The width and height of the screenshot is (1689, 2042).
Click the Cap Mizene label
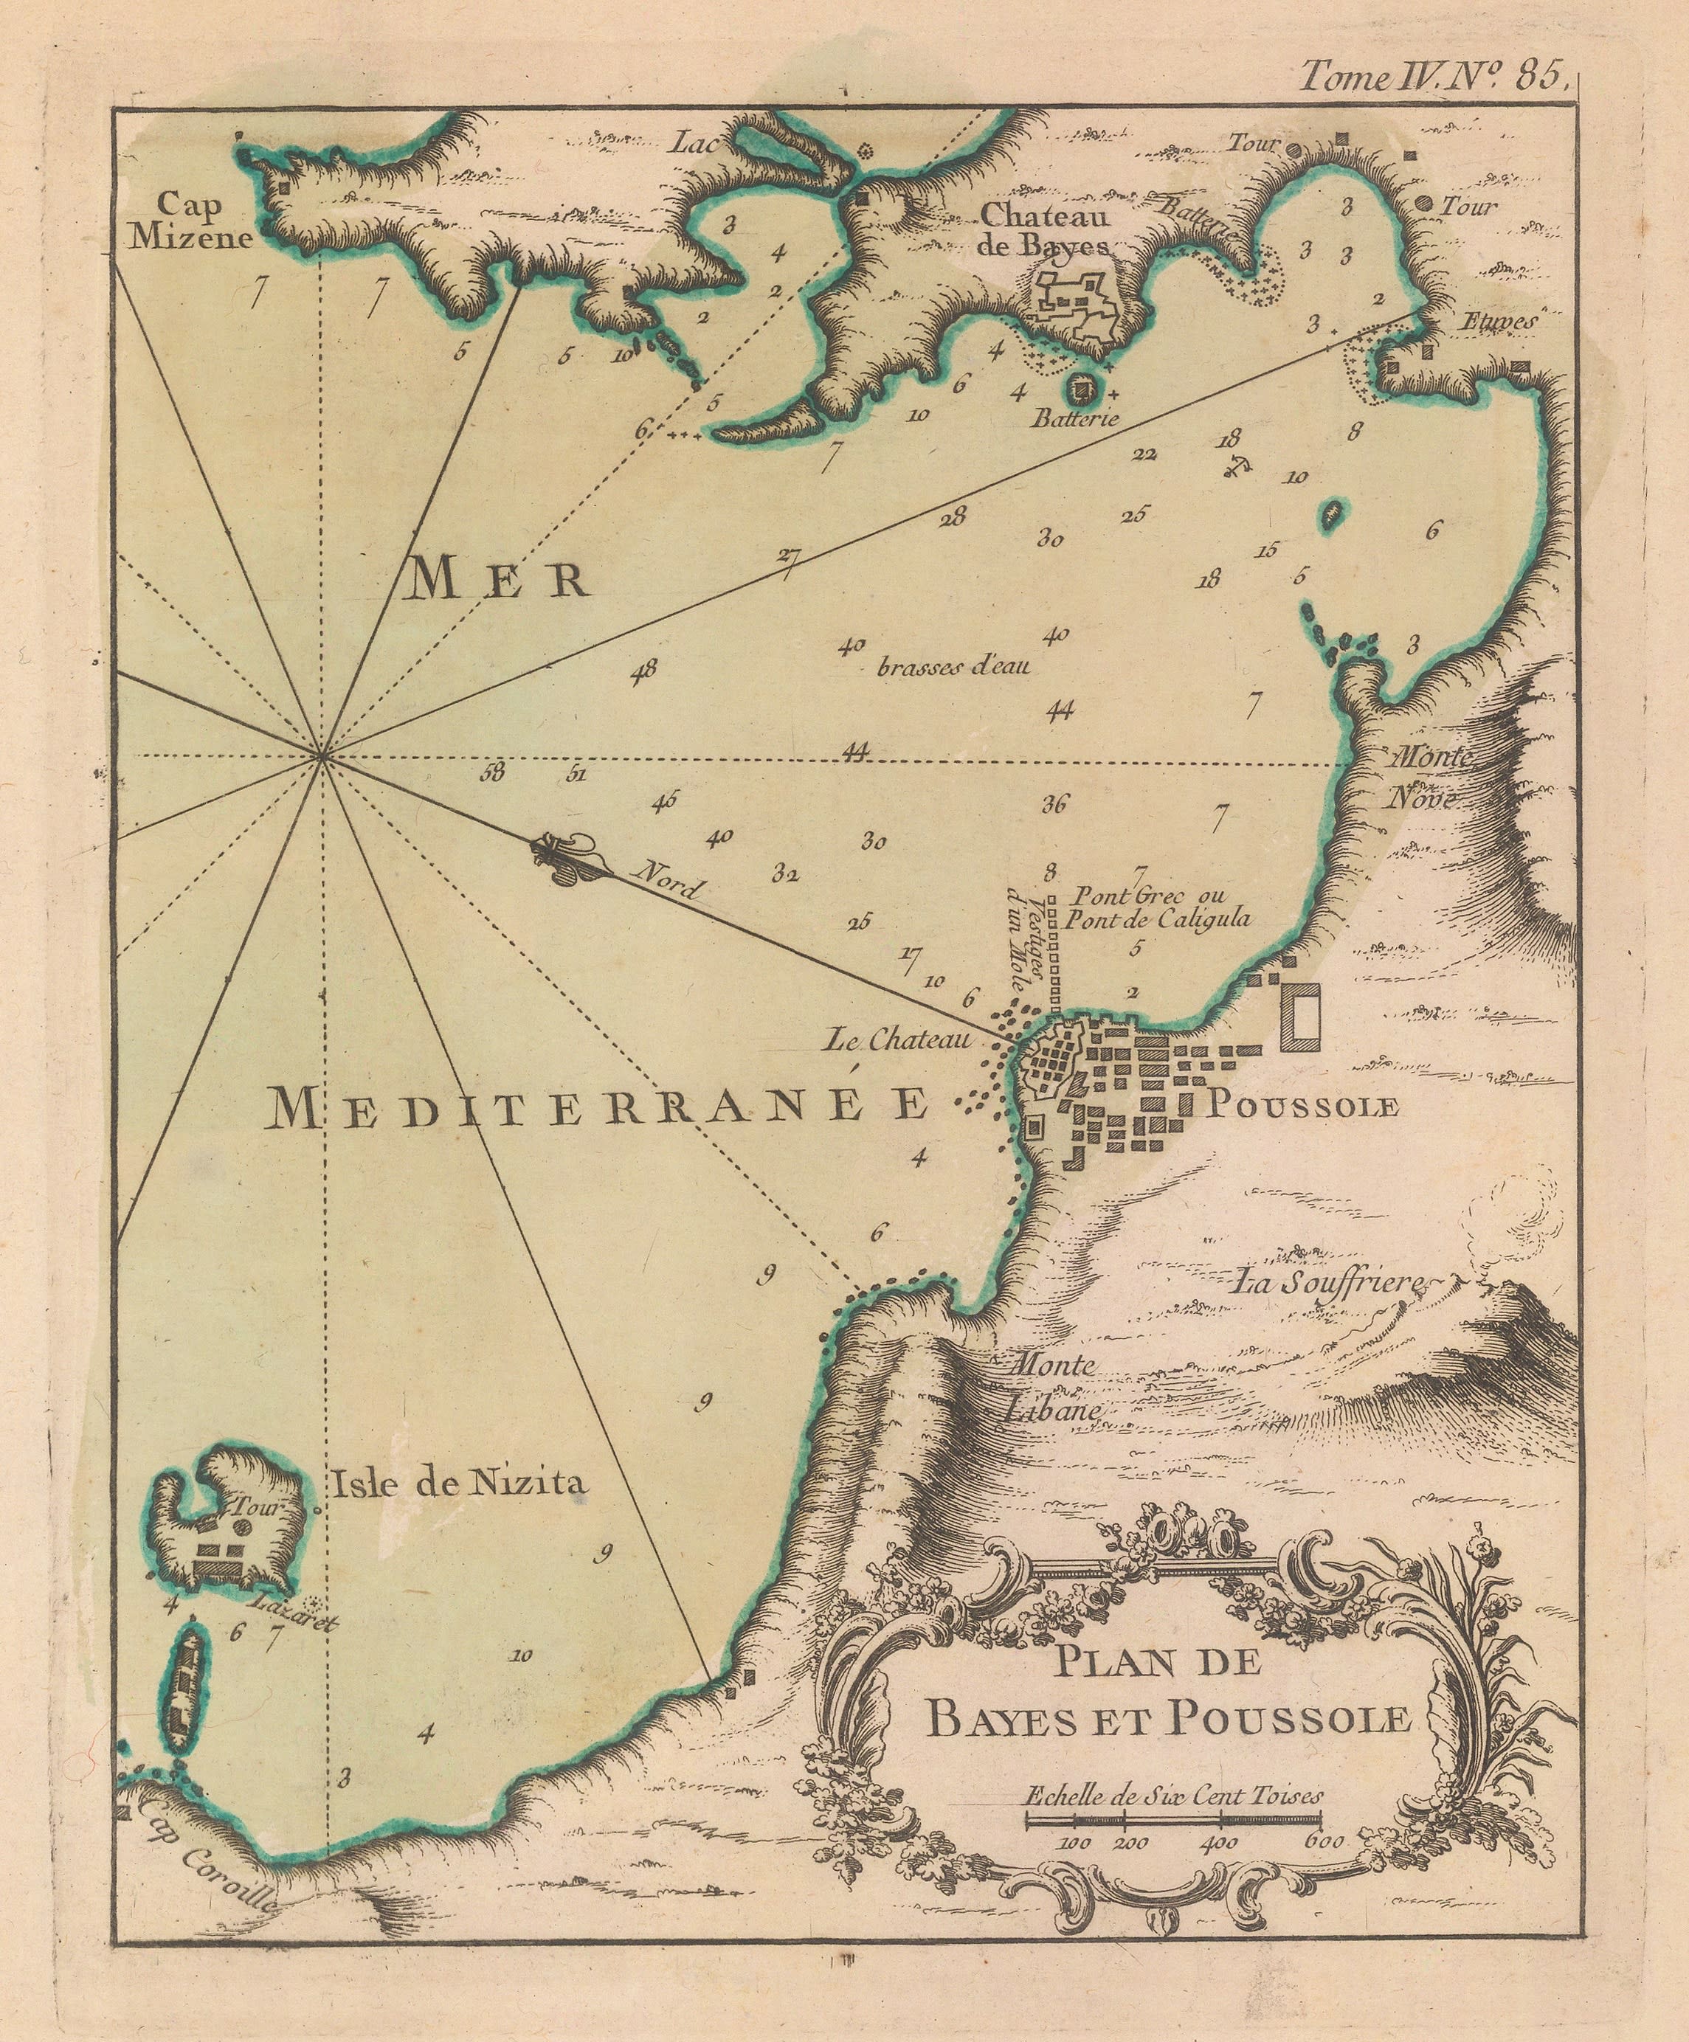(193, 222)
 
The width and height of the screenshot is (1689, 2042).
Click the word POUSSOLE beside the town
(1302, 1106)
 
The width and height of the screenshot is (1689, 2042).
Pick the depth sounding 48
(643, 669)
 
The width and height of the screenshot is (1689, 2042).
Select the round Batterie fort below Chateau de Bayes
(1080, 391)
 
